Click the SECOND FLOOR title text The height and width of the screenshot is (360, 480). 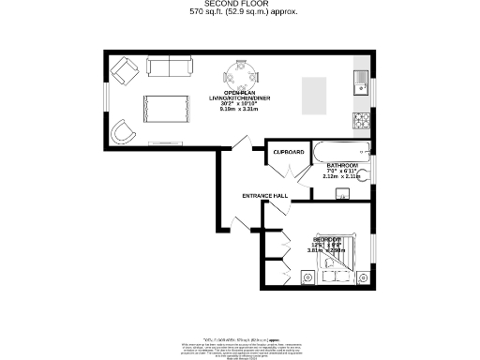coord(240,4)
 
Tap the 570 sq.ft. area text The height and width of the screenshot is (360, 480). coord(240,13)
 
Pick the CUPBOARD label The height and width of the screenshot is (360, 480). coord(289,152)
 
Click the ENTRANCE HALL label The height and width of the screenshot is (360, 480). coord(264,195)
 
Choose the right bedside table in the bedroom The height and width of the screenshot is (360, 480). coord(362,276)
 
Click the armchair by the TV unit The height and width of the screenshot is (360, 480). coord(122,132)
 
